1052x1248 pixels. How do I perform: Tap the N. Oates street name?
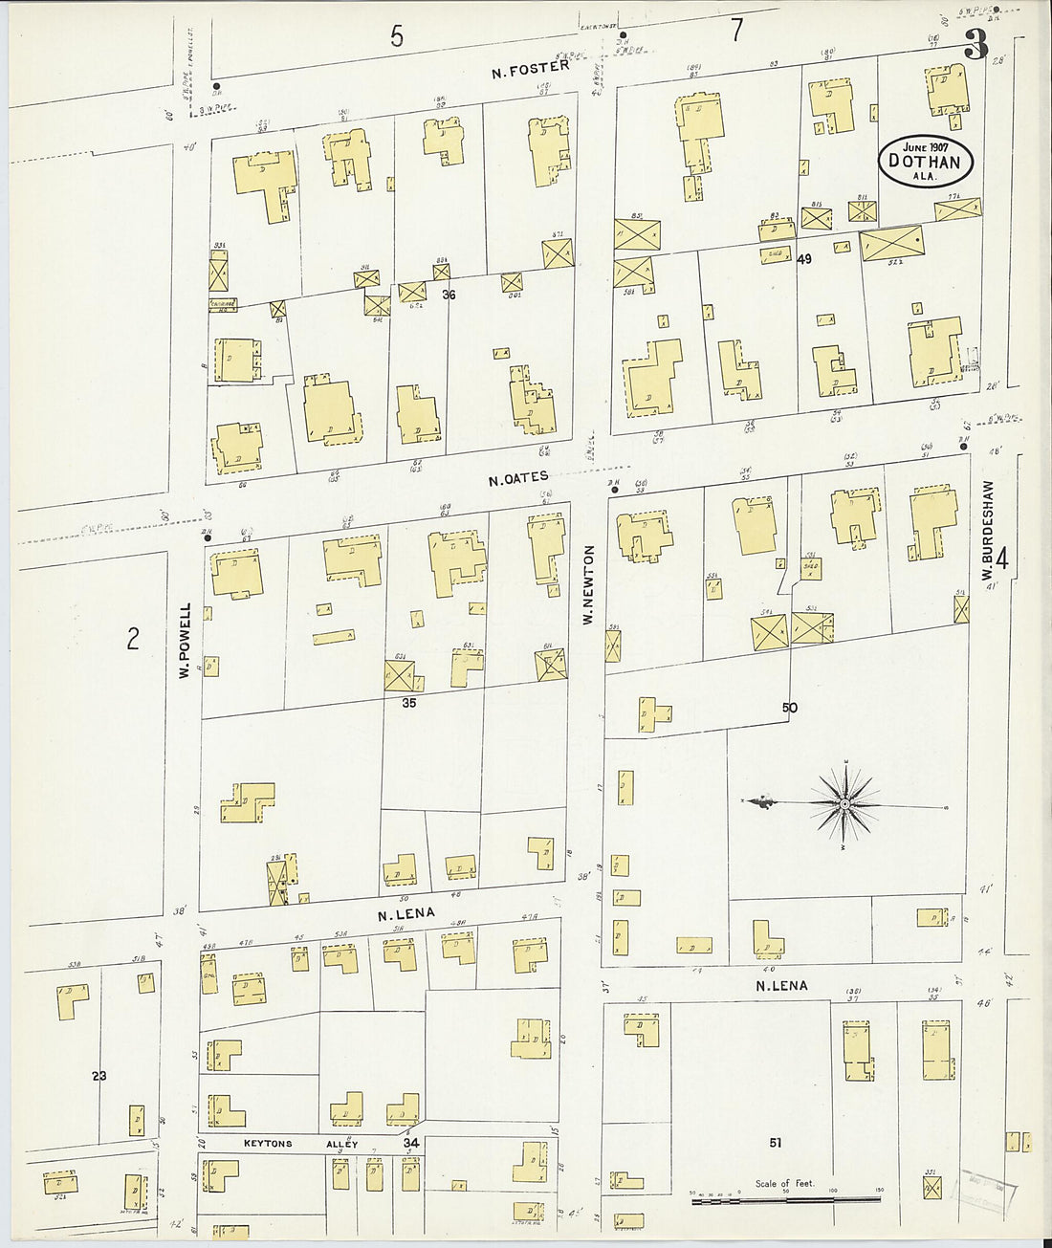[x=518, y=478]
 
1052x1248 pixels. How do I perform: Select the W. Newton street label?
[x=589, y=585]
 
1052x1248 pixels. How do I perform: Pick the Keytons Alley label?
[x=287, y=1144]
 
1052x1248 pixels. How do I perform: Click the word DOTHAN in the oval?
[x=925, y=163]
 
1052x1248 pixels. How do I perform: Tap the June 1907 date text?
[x=925, y=147]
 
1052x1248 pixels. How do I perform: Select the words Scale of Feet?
[x=785, y=1183]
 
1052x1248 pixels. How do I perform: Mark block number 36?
[x=449, y=296]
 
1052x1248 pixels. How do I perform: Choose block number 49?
[x=803, y=258]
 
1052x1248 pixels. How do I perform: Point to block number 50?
[x=789, y=708]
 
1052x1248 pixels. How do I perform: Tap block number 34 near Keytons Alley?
[x=411, y=1143]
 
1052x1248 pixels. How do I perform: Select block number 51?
[x=776, y=1142]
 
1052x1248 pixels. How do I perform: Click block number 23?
[x=99, y=1076]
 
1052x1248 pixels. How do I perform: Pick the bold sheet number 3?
[x=975, y=45]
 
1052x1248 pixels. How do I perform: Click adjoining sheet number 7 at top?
[x=736, y=31]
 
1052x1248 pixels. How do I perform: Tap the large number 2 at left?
[x=133, y=638]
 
